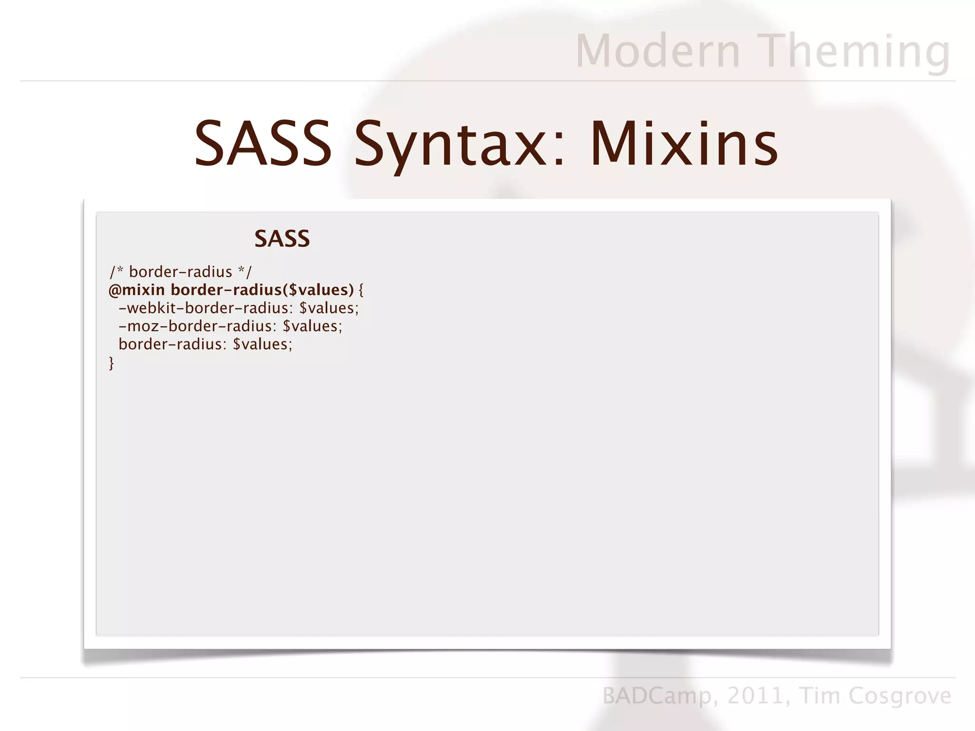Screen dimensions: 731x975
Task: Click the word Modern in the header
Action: [658, 51]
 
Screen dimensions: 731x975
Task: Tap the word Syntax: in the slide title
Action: [460, 144]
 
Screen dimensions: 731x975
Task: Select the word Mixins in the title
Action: [684, 144]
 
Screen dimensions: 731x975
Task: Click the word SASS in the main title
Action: [263, 144]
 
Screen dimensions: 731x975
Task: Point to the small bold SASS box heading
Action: [282, 238]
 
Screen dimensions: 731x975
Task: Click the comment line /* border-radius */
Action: [180, 272]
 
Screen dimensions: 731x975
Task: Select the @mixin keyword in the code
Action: [137, 290]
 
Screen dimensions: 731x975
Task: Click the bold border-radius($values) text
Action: [262, 290]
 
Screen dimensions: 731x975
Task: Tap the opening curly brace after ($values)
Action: [361, 290]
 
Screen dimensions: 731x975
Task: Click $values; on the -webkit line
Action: [329, 308]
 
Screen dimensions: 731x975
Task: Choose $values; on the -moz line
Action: [312, 326]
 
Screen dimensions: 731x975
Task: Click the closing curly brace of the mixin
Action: [111, 363]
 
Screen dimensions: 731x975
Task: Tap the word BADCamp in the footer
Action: [657, 696]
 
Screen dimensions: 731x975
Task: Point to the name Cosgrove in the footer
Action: [900, 696]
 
